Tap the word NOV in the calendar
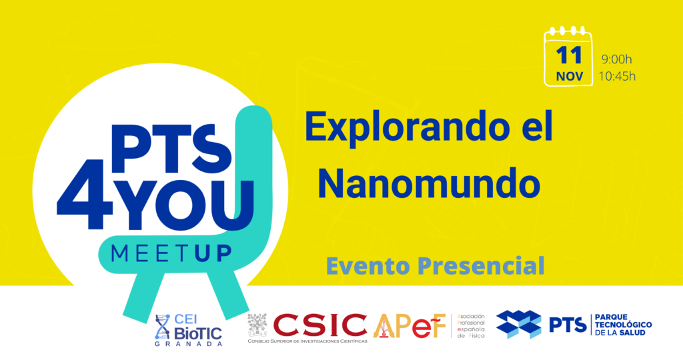click(568, 77)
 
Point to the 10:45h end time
click(617, 75)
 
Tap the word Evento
click(368, 265)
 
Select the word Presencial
click(480, 265)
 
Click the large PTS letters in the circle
click(157, 143)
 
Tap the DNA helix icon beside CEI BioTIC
click(162, 326)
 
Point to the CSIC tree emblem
click(257, 325)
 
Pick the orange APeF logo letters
click(410, 325)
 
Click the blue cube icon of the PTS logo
click(518, 325)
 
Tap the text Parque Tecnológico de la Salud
click(622, 325)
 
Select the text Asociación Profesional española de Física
click(471, 326)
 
